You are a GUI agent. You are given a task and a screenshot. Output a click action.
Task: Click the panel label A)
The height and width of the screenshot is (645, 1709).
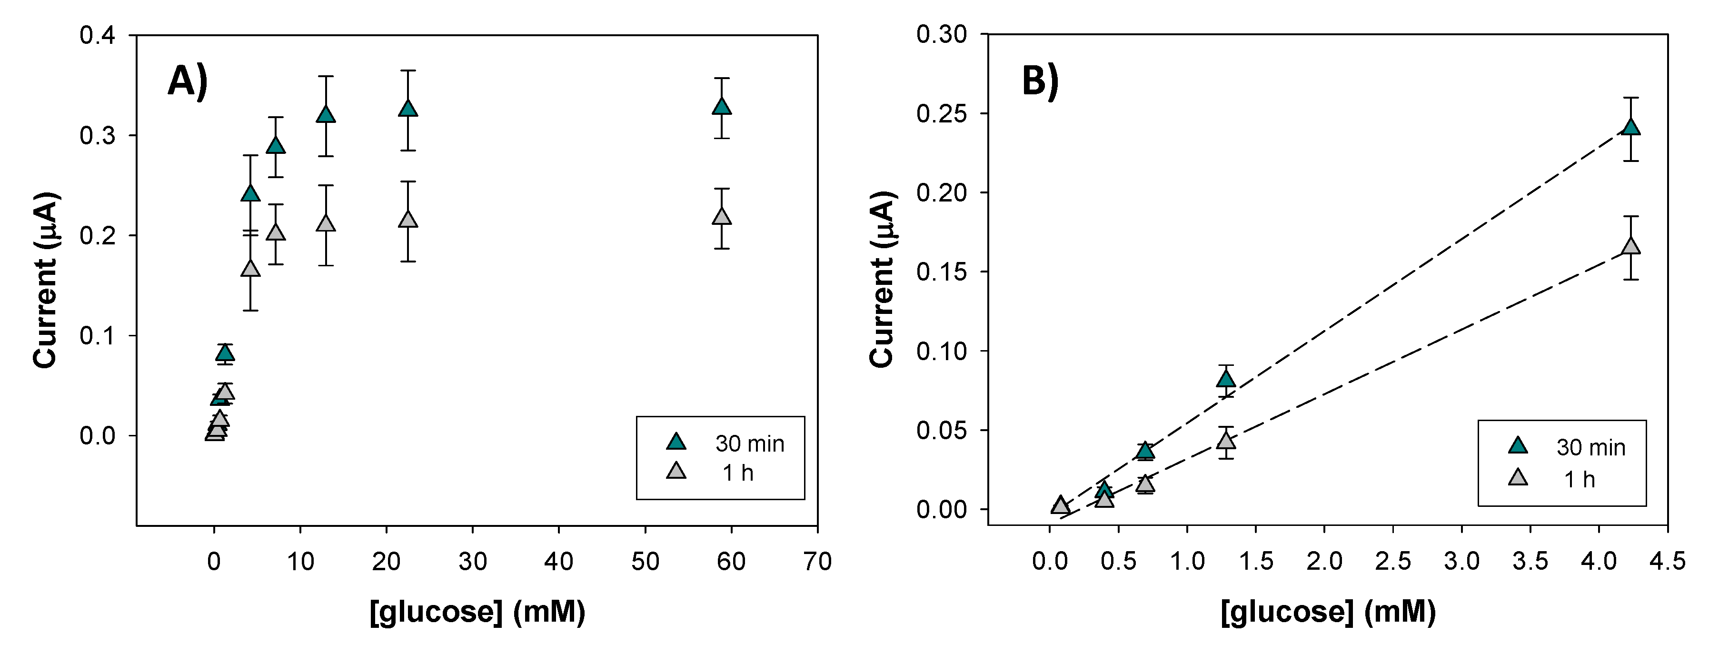(188, 82)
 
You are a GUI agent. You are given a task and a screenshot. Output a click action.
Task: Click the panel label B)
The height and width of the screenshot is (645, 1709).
(1040, 82)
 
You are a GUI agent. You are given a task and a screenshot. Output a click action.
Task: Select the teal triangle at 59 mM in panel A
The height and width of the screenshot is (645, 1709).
(722, 107)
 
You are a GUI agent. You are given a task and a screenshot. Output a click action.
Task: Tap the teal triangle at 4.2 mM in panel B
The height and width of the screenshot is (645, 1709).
(1631, 127)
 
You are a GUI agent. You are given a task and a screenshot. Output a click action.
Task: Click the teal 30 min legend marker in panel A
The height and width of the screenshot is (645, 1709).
(676, 442)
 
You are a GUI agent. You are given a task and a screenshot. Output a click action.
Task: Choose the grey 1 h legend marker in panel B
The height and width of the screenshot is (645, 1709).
(1518, 478)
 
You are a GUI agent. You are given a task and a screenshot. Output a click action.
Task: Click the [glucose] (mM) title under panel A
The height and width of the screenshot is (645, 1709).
(477, 612)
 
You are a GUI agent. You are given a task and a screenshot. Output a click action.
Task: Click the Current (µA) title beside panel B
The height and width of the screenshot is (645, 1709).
(883, 279)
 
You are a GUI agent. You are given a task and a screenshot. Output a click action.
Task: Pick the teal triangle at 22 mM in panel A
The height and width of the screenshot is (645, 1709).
(408, 109)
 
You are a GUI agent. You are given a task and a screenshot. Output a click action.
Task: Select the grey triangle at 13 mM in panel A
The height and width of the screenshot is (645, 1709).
(326, 223)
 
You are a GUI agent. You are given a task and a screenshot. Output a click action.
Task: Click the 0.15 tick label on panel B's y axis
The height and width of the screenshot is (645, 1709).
(942, 272)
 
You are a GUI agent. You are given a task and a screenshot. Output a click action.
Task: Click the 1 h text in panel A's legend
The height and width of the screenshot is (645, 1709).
(738, 473)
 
